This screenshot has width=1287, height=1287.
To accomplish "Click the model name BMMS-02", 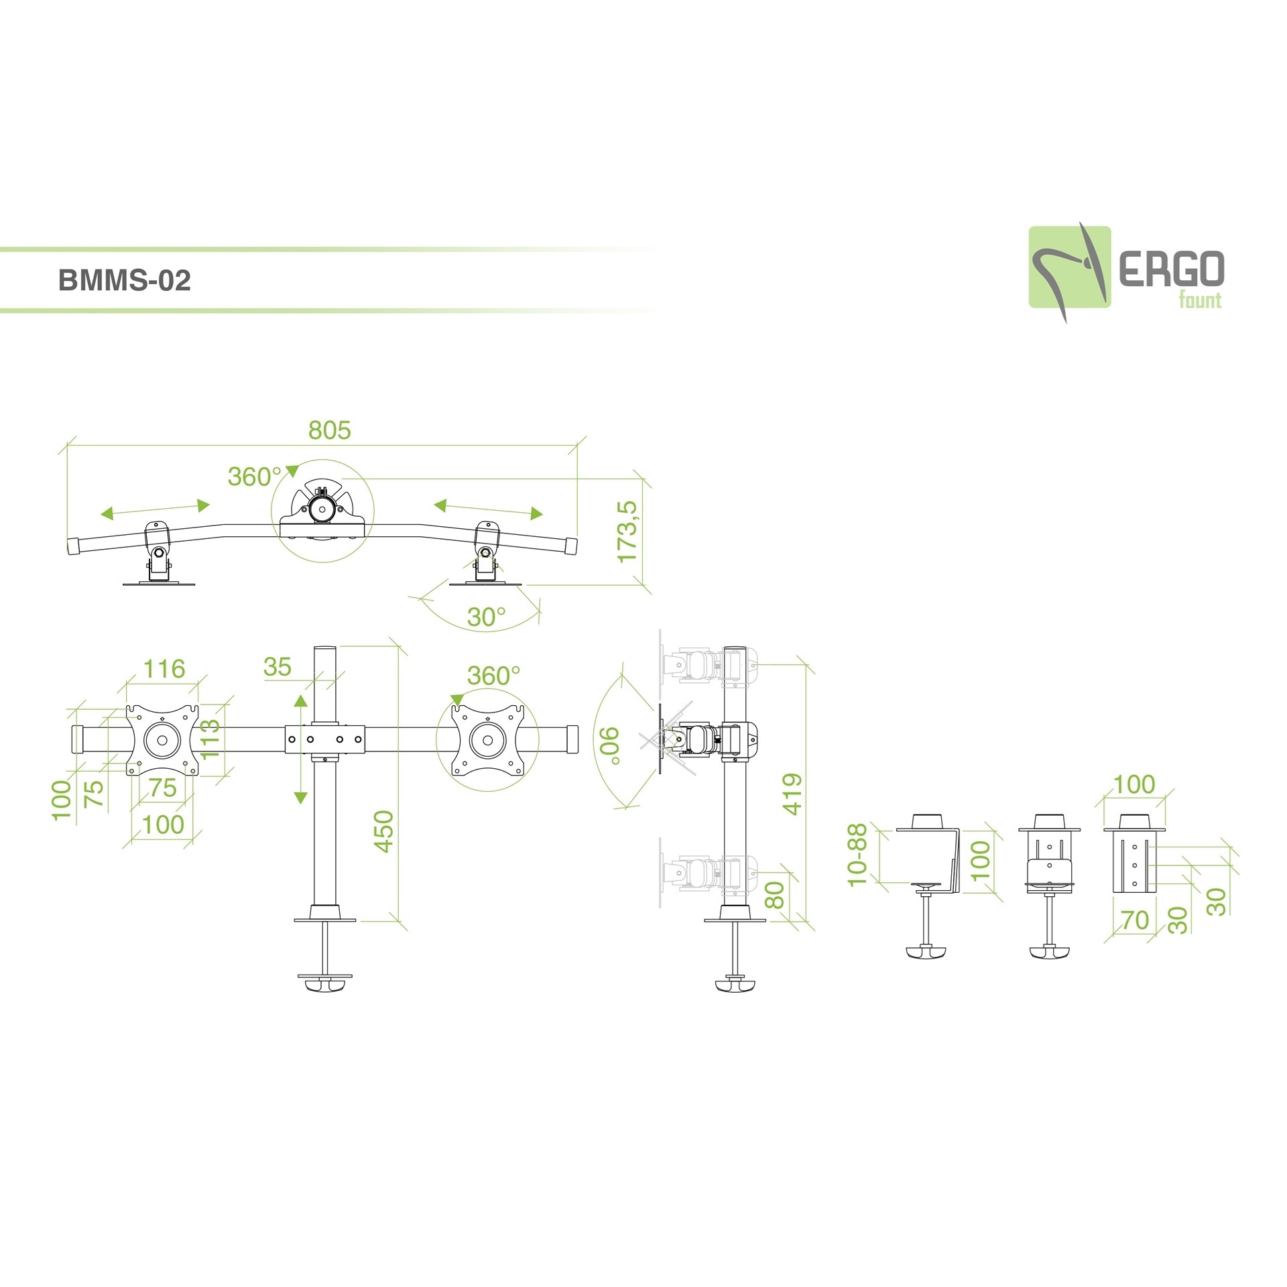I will point(125,280).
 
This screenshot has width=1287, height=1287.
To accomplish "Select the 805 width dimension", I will point(329,430).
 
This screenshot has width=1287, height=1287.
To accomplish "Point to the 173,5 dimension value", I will point(628,532).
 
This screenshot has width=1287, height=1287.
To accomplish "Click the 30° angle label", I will point(486,617).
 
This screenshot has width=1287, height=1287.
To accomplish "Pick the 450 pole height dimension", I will point(383,831).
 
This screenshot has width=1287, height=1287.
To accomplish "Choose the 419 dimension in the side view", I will point(792,794).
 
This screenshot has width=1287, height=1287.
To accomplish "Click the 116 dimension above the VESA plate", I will point(164,668).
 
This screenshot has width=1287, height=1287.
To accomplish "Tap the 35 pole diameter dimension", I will point(278,667).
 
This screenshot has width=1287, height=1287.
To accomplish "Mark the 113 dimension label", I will point(209,738).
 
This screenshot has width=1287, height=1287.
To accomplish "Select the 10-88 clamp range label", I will point(857,855).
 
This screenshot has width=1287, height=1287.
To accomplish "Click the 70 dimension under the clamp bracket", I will point(1135,920).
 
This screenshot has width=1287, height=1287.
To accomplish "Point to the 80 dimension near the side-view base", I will point(774,895).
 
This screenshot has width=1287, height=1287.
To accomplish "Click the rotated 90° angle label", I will point(610,745).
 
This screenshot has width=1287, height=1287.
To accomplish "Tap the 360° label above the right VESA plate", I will point(493,676).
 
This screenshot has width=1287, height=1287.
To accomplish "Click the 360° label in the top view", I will point(254,477).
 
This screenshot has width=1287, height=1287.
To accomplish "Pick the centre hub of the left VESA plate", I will point(162,741).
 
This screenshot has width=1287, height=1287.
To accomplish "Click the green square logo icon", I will point(1069,267).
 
